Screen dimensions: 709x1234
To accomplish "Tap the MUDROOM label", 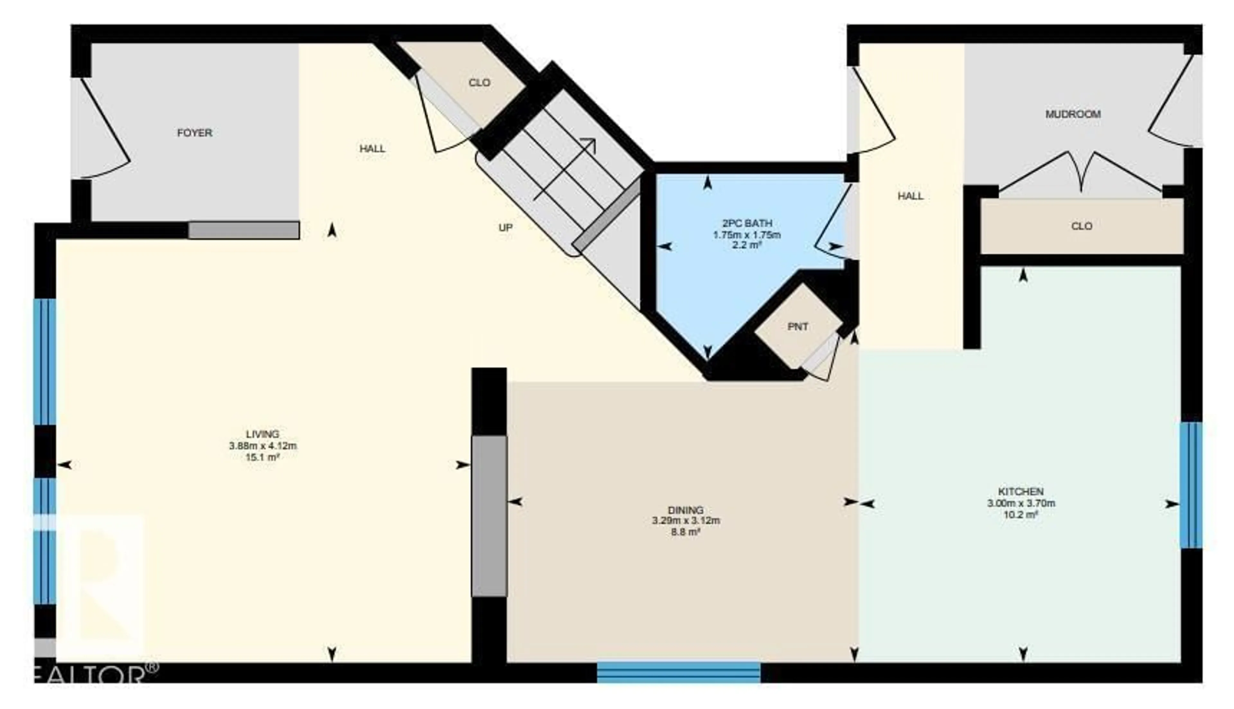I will click(x=1073, y=114).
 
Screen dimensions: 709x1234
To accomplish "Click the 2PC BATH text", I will click(x=747, y=223).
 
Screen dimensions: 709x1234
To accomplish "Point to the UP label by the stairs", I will click(x=505, y=228).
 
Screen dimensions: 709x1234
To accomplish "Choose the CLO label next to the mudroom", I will click(x=1082, y=226).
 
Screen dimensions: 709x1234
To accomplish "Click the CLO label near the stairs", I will click(x=479, y=83).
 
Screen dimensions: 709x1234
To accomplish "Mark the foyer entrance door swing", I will click(x=105, y=131).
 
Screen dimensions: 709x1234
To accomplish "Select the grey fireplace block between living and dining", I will click(x=489, y=516).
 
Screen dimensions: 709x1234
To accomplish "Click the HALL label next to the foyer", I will click(x=372, y=148).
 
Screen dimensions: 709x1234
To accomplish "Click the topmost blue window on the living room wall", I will click(x=45, y=361).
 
